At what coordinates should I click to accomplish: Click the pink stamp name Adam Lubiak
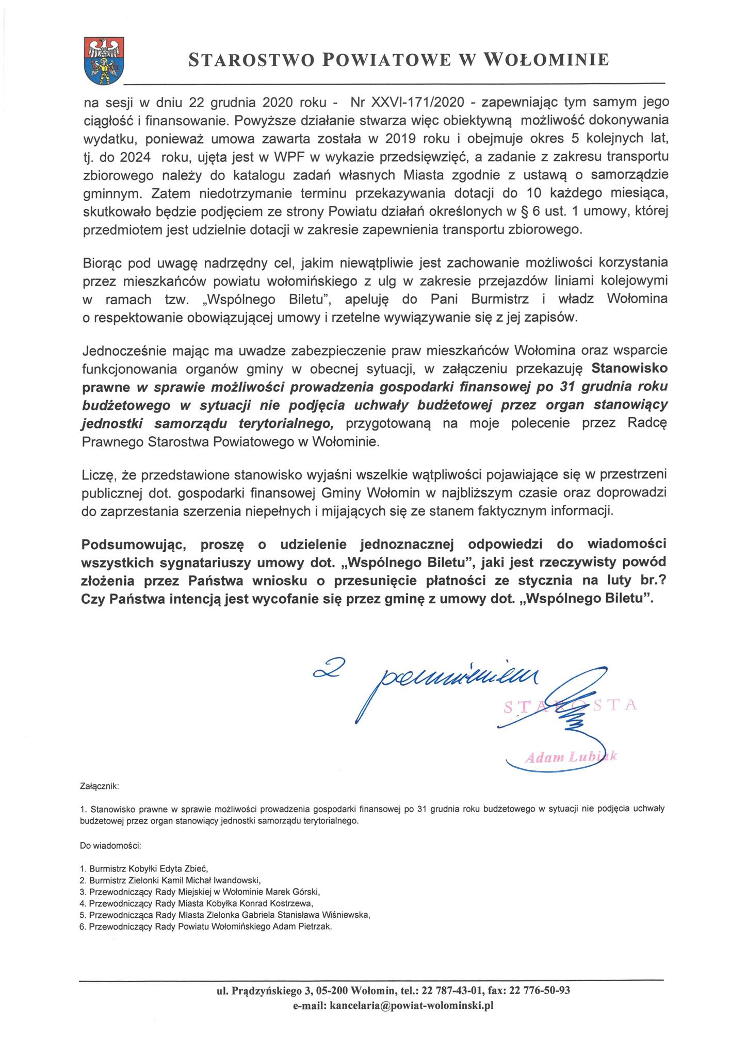coord(570,757)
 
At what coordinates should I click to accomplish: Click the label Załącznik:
coord(100,787)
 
